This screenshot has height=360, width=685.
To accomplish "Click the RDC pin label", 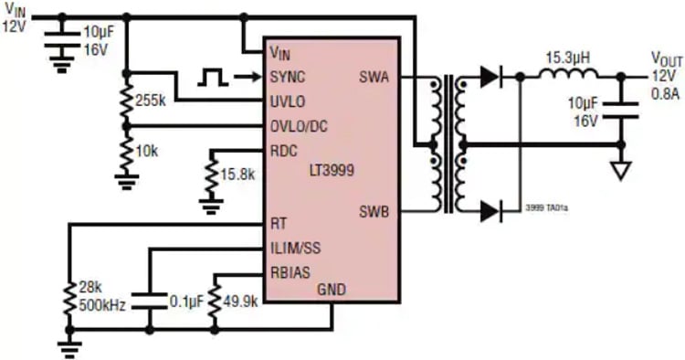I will click(286, 149).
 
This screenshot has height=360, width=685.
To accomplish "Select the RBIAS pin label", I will click(292, 271).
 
